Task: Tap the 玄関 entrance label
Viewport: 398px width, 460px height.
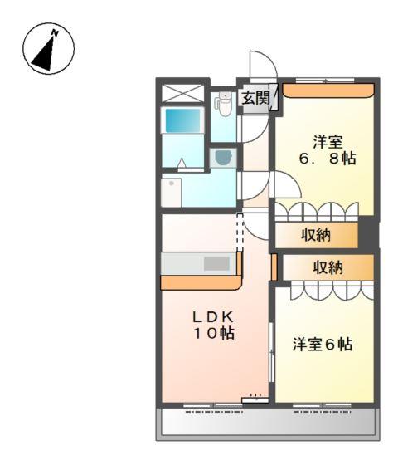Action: pos(255,98)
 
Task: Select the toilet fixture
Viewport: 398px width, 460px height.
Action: pos(222,102)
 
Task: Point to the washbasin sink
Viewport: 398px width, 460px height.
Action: pos(223,156)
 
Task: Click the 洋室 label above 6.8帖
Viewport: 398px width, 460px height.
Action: pos(327,139)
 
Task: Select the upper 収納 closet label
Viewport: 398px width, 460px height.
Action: pos(315,235)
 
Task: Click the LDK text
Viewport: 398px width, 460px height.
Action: pos(214,316)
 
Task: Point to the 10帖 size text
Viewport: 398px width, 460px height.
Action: pos(214,334)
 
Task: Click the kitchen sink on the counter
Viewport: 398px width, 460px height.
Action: pos(216,263)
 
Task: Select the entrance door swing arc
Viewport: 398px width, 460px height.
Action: pos(260,66)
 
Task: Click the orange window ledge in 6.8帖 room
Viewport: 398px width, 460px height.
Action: pos(327,89)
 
